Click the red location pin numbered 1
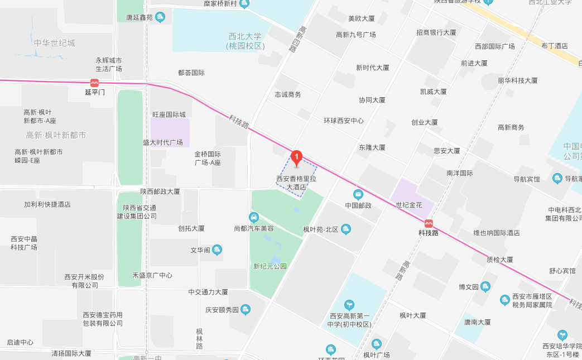coord(297,157)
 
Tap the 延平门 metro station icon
coord(95,82)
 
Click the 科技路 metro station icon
coord(429,223)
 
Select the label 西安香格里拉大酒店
coord(296,183)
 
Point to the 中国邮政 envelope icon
coord(358,194)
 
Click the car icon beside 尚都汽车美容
coord(254,217)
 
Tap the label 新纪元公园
coord(270,266)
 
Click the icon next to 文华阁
coord(218,249)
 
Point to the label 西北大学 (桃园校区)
coord(245,41)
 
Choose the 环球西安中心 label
coord(344,121)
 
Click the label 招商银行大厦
coord(436,32)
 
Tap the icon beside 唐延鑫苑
coord(160,17)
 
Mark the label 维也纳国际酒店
coord(497,233)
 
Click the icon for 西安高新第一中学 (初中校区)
coord(349,305)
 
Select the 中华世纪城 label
coord(54,43)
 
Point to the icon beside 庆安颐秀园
coord(245,310)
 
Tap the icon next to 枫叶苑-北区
coord(346,229)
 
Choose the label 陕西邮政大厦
coord(160,191)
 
